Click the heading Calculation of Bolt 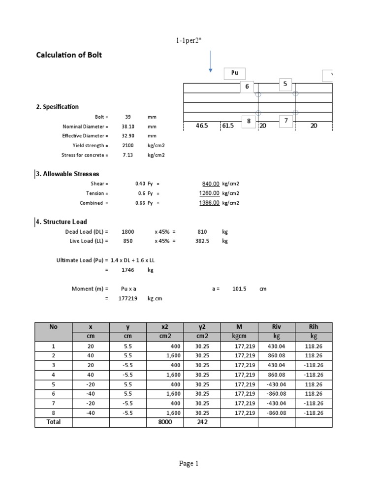pos(69,55)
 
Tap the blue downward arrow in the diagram pos(211,61)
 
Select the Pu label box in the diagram pos(235,73)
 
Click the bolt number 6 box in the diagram pos(248,87)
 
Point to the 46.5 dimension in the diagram pos(202,126)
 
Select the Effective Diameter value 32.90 pos(128,136)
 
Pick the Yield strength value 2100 pos(128,146)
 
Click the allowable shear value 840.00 pos(211,184)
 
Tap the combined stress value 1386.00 pos(210,203)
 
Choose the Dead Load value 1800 pos(128,231)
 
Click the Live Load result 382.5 pos(202,241)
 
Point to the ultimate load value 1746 pos(128,270)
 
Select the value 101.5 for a pos(239,289)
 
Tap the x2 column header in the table pos(164,327)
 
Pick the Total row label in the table pos(54,422)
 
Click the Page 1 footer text pos(189,464)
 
